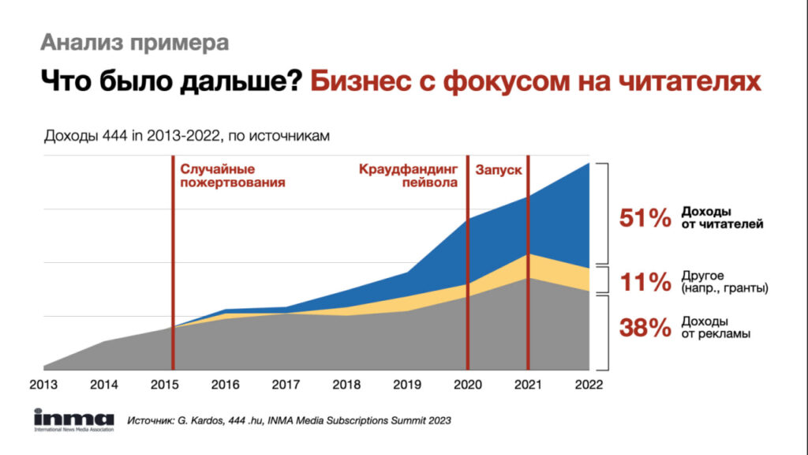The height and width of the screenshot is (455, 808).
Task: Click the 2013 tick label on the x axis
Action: [44, 385]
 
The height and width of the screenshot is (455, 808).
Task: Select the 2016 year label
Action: [225, 385]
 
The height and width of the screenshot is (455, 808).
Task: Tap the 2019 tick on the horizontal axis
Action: [407, 385]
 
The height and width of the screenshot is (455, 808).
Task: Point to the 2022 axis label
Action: [589, 385]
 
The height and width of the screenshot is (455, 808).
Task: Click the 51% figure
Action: [645, 218]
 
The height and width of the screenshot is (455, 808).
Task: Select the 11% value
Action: [645, 282]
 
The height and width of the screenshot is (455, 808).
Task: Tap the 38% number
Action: [645, 328]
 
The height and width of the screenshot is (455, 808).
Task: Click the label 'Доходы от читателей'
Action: [722, 218]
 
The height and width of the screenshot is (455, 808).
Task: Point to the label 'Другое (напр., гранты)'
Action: [724, 282]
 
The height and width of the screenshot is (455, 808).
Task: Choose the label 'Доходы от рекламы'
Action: [716, 327]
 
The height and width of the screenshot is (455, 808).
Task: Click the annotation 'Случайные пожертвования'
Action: [233, 176]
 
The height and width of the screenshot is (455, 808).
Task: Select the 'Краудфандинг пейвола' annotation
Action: [408, 176]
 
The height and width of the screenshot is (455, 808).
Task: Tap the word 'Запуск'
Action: [499, 171]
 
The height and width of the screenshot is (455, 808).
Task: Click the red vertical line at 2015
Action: [173, 262]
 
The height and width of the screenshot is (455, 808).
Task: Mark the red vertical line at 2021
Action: [528, 262]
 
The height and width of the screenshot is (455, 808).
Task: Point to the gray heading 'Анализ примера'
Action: [134, 43]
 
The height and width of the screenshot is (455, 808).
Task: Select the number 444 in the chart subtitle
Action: [114, 136]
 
